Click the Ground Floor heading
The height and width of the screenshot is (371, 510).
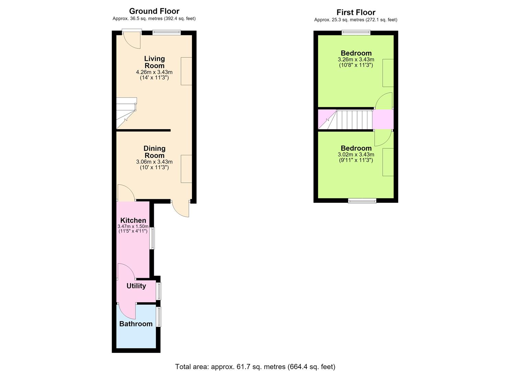154,11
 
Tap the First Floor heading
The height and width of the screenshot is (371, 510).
356,12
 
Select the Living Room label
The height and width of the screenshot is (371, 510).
154,62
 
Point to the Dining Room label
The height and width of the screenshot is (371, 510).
154,152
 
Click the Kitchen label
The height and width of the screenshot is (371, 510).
133,220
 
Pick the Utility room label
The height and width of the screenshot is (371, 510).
136,286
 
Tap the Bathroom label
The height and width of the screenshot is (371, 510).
136,324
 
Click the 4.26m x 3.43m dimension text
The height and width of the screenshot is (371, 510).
154,72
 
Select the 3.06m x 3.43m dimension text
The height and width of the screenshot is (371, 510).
154,162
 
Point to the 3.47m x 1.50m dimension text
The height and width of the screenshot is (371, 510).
133,226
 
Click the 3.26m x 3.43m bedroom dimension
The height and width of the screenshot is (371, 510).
356,59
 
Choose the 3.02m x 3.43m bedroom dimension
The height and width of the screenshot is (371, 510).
356,155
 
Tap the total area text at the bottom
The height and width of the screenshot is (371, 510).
255,360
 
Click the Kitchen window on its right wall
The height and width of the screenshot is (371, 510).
152,238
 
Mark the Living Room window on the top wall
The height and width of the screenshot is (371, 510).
167,33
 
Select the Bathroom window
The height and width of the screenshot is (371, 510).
158,317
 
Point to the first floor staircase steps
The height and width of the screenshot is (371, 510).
354,120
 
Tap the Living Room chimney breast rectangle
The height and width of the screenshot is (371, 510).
186,71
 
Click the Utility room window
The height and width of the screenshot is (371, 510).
158,291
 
